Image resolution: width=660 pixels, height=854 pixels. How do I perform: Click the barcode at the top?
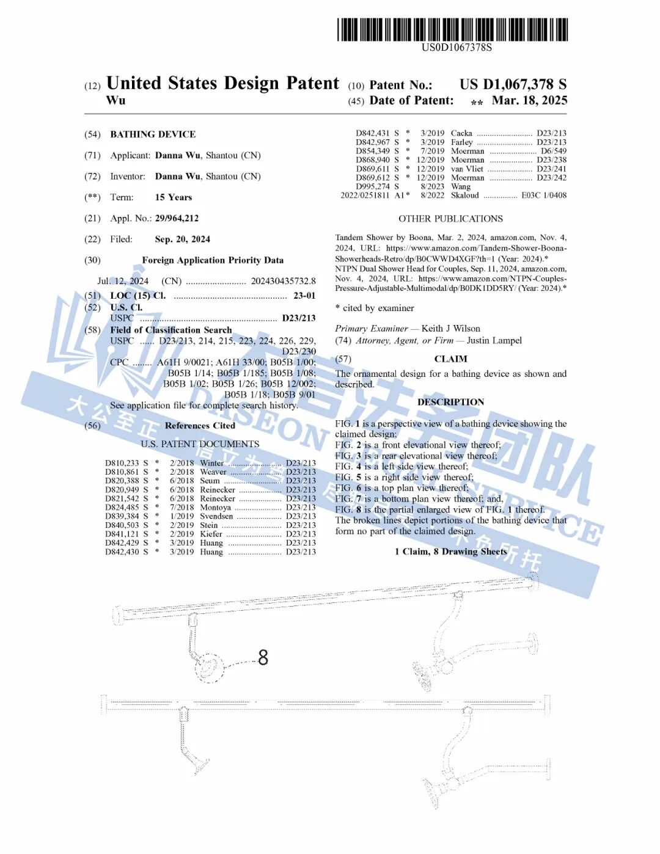(452, 29)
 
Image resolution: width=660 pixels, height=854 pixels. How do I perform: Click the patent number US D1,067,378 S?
(513, 84)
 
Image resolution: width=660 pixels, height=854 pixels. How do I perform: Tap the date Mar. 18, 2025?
(529, 100)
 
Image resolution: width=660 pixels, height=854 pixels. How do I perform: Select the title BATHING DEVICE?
(153, 134)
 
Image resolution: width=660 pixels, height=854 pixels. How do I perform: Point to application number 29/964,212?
(177, 218)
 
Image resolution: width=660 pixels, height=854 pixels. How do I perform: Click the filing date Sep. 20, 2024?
(182, 239)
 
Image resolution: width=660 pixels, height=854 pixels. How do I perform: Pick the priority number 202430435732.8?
(283, 281)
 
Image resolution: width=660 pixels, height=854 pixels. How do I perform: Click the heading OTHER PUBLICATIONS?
(450, 219)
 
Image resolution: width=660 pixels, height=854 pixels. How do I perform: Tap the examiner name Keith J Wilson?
(450, 329)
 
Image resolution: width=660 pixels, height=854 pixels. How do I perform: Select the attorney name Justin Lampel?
(494, 341)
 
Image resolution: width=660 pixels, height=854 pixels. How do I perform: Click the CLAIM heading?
(450, 359)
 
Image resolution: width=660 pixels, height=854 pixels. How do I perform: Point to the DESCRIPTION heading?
(450, 402)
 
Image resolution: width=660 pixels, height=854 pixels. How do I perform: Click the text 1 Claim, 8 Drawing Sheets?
(450, 552)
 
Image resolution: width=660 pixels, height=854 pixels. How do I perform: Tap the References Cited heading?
(200, 426)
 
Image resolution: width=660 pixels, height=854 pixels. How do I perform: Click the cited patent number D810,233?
(122, 463)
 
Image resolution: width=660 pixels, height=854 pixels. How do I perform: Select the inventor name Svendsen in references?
(216, 516)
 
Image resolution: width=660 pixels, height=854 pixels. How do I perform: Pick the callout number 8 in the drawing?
(263, 657)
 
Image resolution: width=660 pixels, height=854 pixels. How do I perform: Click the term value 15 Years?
(173, 197)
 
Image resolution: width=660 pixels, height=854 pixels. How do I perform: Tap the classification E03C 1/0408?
(543, 195)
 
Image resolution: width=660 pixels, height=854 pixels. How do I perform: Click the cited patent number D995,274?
(372, 186)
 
